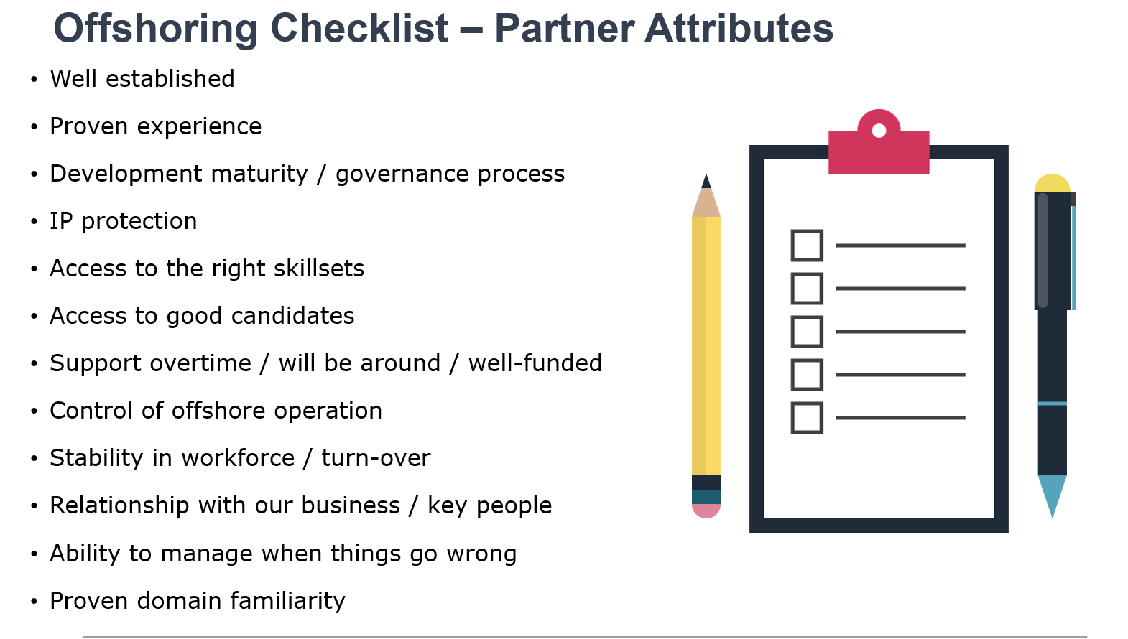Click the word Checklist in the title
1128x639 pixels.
[x=359, y=29]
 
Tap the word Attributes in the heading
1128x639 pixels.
[x=739, y=29]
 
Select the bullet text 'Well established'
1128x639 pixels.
[x=142, y=79]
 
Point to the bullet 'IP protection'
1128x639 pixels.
[x=124, y=221]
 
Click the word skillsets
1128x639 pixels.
[x=319, y=269]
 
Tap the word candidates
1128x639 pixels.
[x=292, y=316]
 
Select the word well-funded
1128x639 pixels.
[x=535, y=363]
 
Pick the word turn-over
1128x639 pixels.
[x=376, y=459]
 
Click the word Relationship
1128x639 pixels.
[x=119, y=505]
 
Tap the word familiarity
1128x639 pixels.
[x=287, y=601]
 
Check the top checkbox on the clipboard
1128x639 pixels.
[x=807, y=246]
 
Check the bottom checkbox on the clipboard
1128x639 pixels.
[x=807, y=418]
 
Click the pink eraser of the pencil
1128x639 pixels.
[x=706, y=510]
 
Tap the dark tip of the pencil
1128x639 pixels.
[x=706, y=182]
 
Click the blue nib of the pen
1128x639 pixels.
[x=1052, y=494]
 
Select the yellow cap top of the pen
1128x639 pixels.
[x=1052, y=183]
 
